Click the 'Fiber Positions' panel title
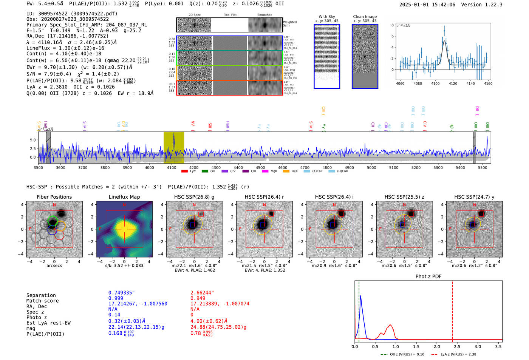point(54,197)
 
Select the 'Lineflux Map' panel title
point(124,197)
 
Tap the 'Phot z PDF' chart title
point(428,276)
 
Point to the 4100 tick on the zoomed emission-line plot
point(435,83)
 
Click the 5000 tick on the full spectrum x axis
point(371,167)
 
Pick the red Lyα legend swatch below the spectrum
point(184,171)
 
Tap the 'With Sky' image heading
point(326,17)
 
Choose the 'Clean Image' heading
point(365,17)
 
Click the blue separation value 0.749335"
point(121,293)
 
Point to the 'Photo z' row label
point(37,317)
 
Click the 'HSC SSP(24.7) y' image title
point(474,197)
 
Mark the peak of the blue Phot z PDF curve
point(361,296)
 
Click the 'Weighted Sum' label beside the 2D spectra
point(289,24)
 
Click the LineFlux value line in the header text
point(65,48)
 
